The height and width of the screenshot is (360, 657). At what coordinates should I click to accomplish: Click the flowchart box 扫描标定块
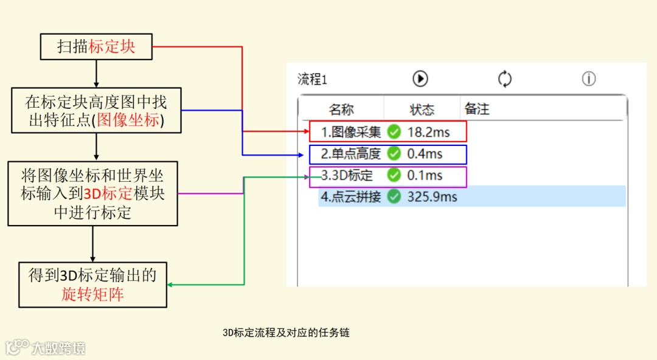pyautogui.click(x=96, y=47)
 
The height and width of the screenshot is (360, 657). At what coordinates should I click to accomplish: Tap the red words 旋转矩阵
pyautogui.click(x=92, y=295)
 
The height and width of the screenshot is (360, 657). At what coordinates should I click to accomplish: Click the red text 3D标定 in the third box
pyautogui.click(x=108, y=195)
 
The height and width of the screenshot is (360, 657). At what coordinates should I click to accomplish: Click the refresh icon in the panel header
pyautogui.click(x=505, y=79)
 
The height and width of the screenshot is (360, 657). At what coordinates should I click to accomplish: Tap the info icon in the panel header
pyautogui.click(x=588, y=79)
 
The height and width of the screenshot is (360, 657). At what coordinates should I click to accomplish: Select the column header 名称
pyautogui.click(x=341, y=110)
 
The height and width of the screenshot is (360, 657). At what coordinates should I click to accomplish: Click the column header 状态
pyautogui.click(x=422, y=110)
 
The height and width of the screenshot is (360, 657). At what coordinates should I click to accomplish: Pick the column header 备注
pyautogui.click(x=477, y=109)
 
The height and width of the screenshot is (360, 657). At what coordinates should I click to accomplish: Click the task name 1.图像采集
pyautogui.click(x=351, y=132)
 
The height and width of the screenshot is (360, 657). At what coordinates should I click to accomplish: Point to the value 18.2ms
pyautogui.click(x=428, y=132)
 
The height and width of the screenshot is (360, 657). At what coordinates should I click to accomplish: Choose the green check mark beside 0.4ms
pyautogui.click(x=394, y=153)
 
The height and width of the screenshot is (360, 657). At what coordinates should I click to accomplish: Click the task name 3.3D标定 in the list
pyautogui.click(x=347, y=176)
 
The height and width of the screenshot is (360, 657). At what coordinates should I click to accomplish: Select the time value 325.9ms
pyautogui.click(x=432, y=197)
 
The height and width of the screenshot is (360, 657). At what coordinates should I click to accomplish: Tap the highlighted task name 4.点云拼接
pyautogui.click(x=351, y=197)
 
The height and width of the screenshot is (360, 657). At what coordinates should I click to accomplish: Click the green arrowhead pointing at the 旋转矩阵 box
pyautogui.click(x=170, y=285)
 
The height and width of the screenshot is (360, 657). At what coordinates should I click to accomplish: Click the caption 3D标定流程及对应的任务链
pyautogui.click(x=286, y=333)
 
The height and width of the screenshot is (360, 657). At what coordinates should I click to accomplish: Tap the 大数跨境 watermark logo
pyautogui.click(x=46, y=348)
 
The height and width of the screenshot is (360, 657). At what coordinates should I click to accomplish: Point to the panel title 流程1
pyautogui.click(x=312, y=80)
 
